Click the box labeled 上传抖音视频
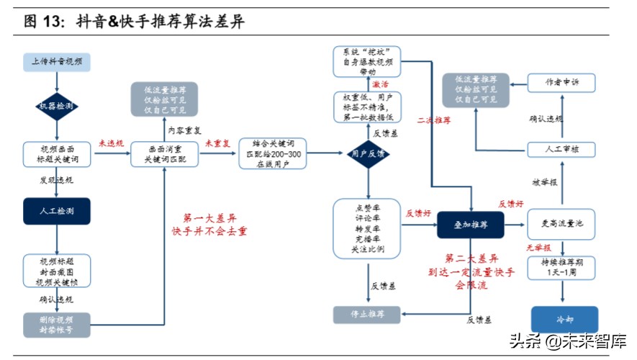pyautogui.click(x=57, y=62)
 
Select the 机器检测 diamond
pyautogui.click(x=57, y=107)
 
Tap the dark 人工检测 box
pyautogui.click(x=57, y=210)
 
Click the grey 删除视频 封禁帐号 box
pyautogui.click(x=57, y=324)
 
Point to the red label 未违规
pyautogui.click(x=111, y=144)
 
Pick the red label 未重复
pyautogui.click(x=218, y=144)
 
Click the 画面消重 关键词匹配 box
pyautogui.click(x=164, y=154)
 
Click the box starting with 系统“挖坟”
pyautogui.click(x=367, y=62)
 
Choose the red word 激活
pyautogui.click(x=381, y=84)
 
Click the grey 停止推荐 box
pyautogui.click(x=367, y=315)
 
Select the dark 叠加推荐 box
pyautogui.click(x=471, y=225)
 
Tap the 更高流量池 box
pyautogui.click(x=561, y=225)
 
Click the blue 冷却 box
pyautogui.click(x=564, y=320)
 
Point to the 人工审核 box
pyautogui.click(x=561, y=150)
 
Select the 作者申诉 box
pyautogui.click(x=561, y=84)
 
